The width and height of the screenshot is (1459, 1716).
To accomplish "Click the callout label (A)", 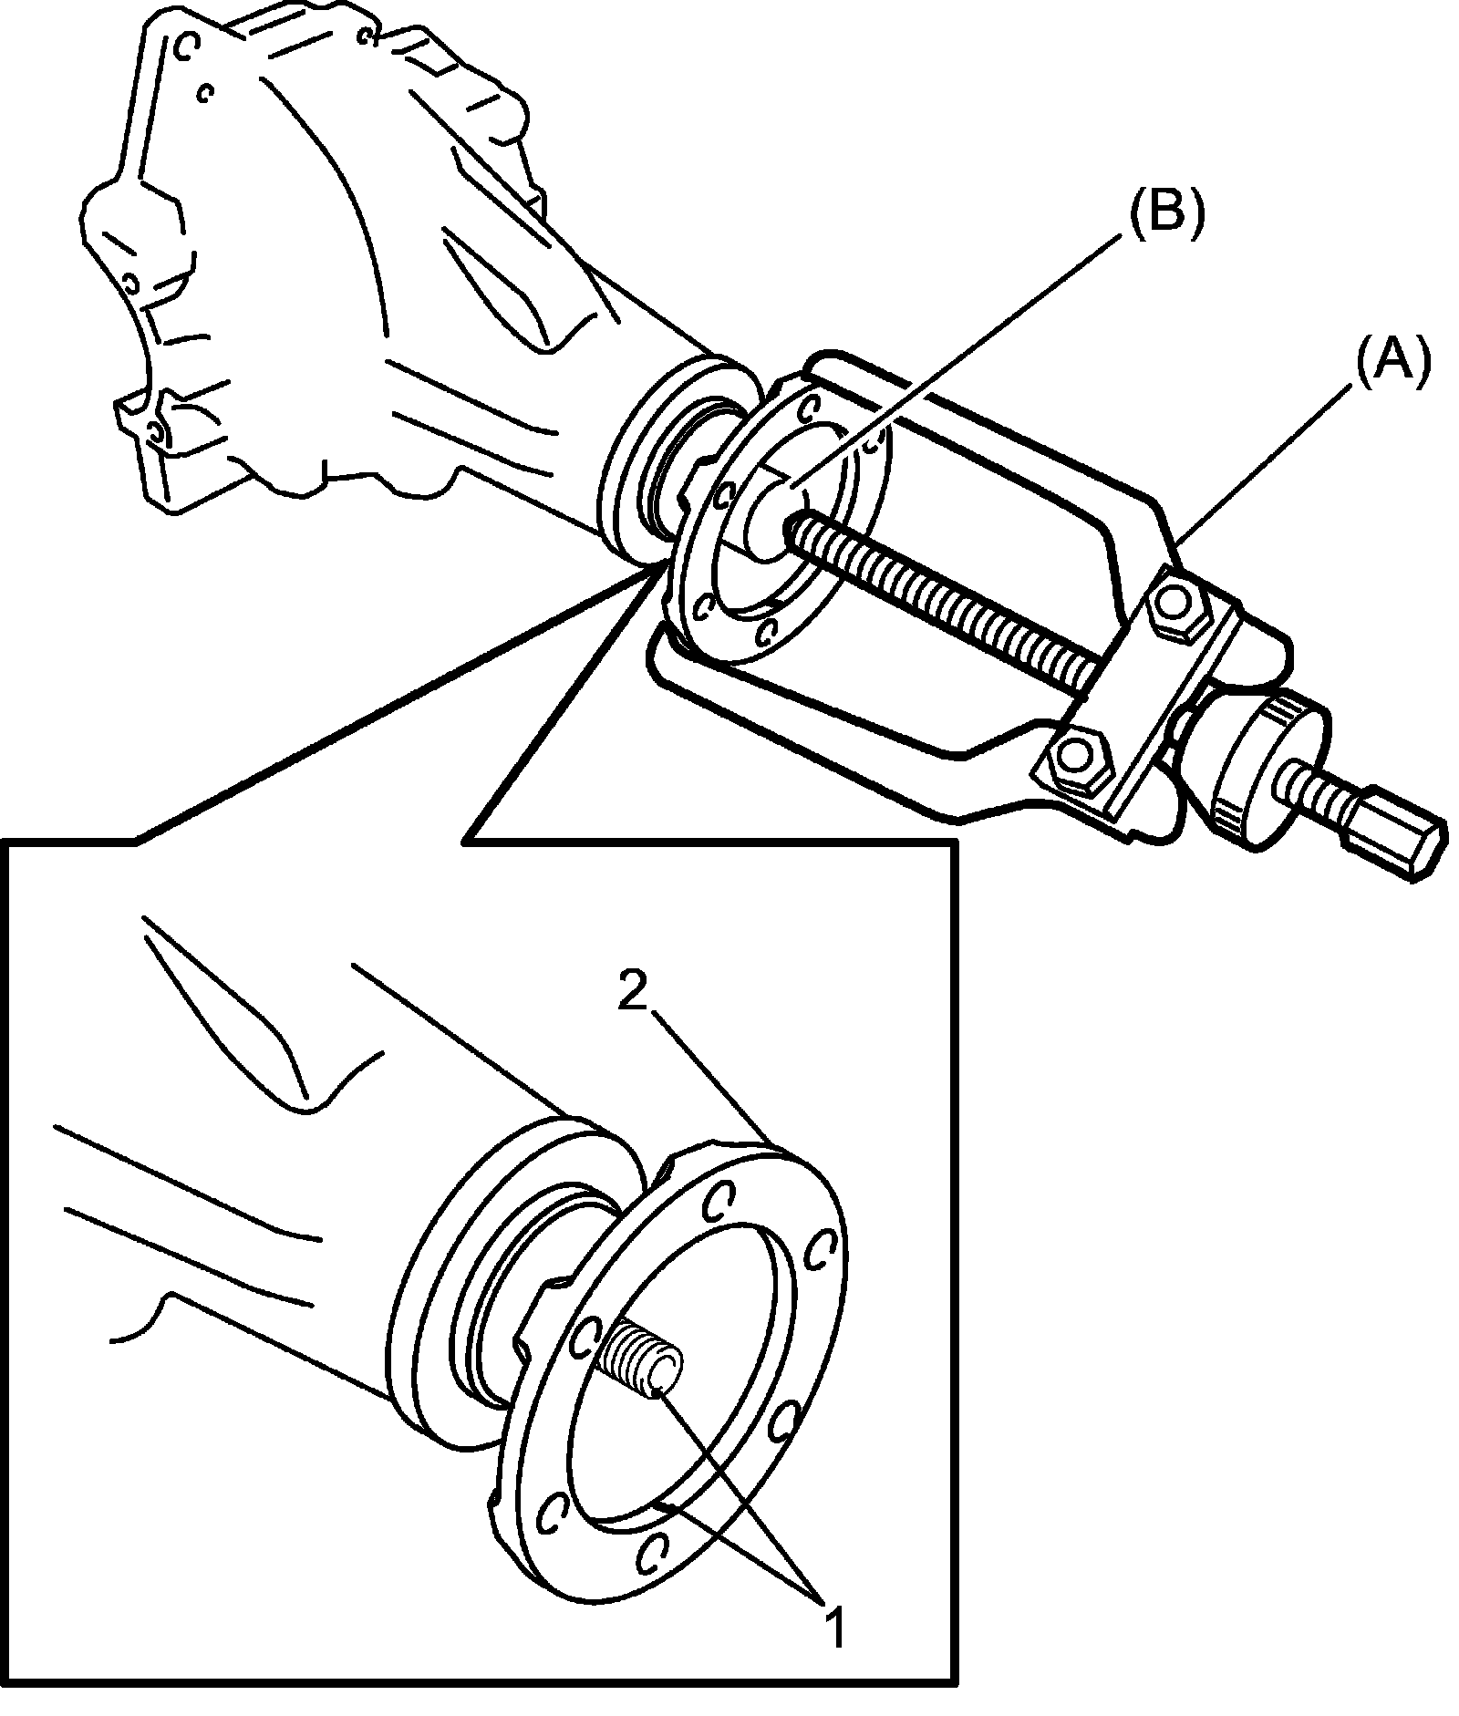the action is [1392, 364].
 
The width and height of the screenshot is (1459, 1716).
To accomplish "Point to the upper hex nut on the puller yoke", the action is [1175, 603].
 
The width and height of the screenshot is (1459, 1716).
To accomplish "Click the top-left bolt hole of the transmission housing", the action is [186, 46].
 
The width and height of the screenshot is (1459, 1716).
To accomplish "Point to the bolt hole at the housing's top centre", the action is [367, 36].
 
